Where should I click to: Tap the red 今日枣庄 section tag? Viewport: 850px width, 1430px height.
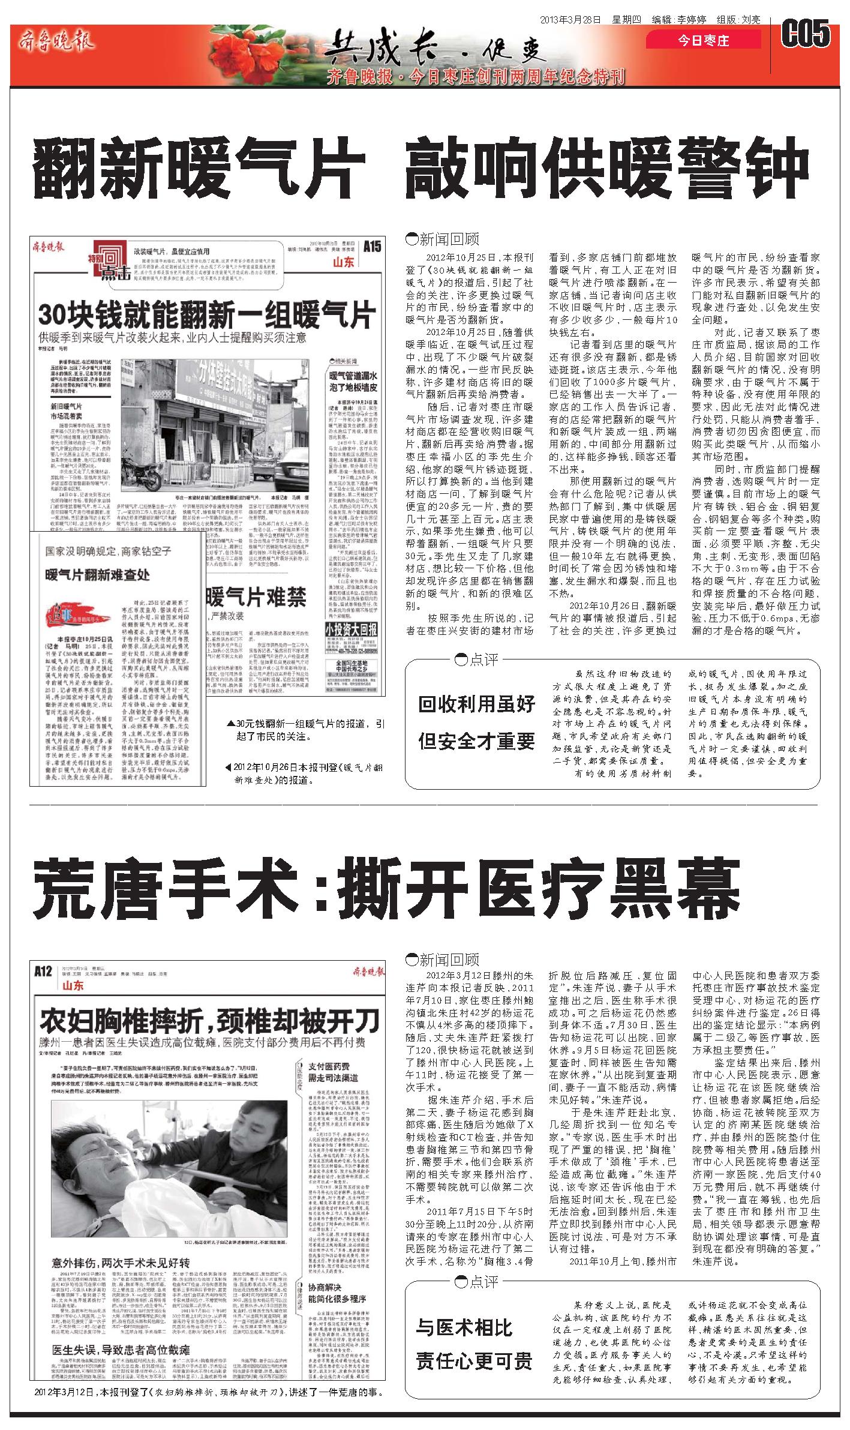pos(703,41)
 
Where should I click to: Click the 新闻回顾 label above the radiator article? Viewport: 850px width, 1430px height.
pos(443,240)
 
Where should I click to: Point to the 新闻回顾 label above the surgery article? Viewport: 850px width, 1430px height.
pos(443,959)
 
